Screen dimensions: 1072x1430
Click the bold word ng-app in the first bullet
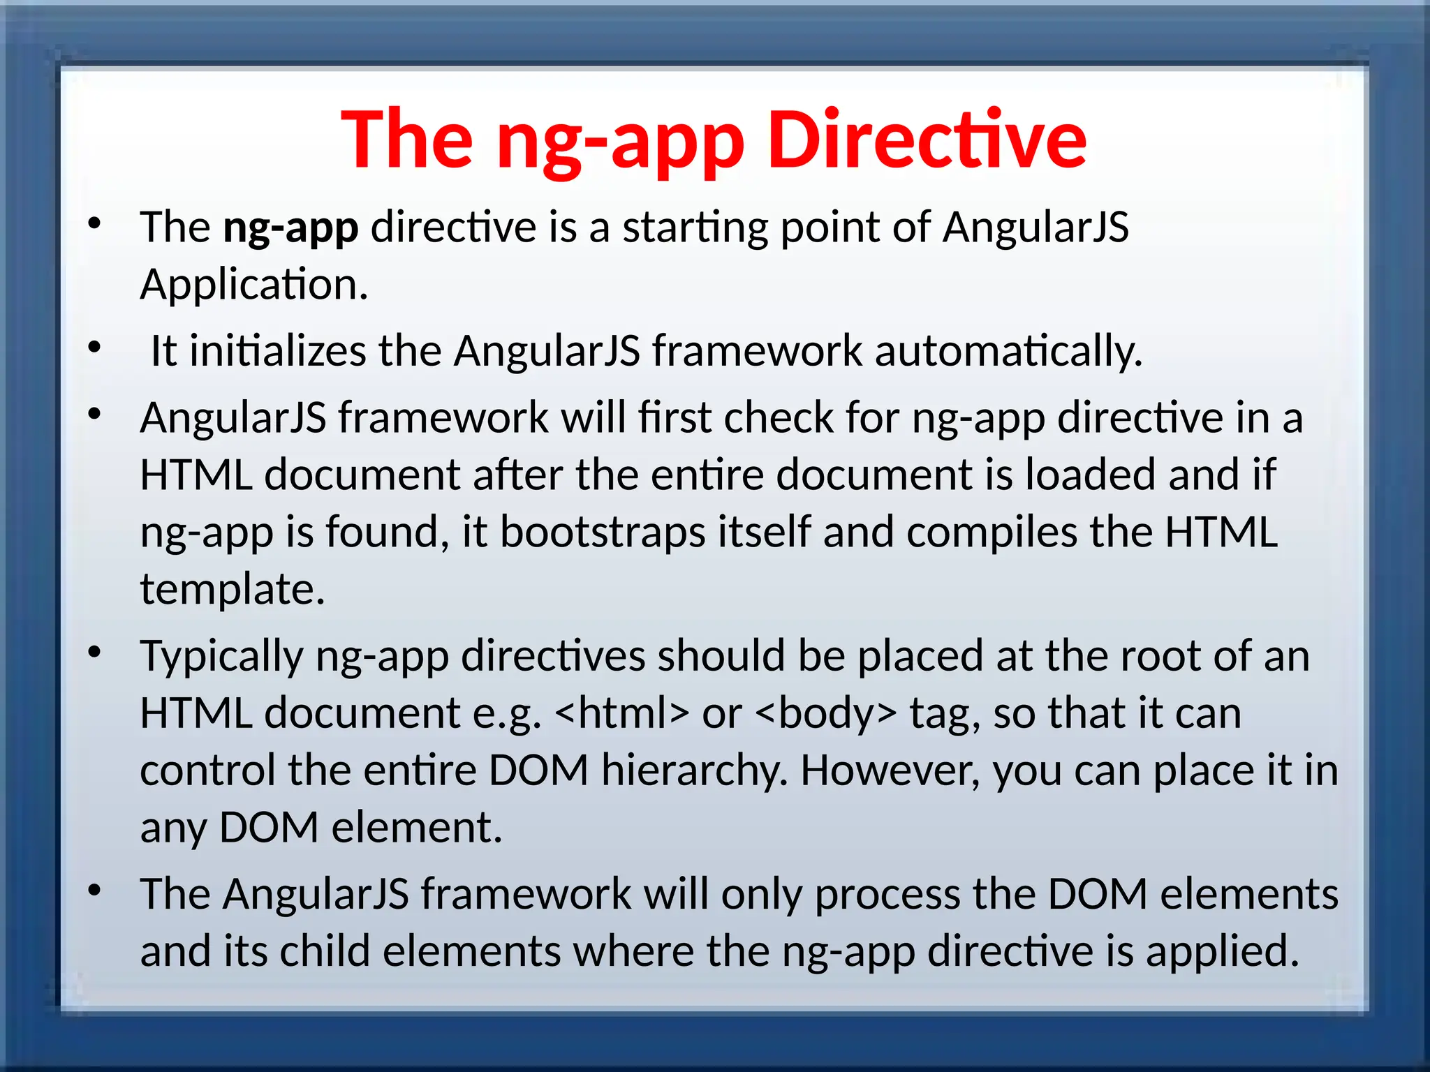pos(290,228)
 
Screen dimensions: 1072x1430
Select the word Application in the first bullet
pos(253,285)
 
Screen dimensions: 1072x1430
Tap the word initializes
pos(278,350)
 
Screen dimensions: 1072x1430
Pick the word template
pos(233,589)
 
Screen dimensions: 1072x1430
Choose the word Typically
pos(221,656)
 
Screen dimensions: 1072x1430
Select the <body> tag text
pos(826,713)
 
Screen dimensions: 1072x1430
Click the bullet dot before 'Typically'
pos(95,653)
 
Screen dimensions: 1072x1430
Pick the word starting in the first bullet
pos(695,228)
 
